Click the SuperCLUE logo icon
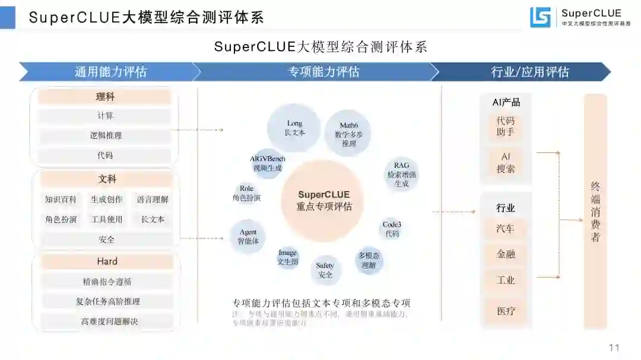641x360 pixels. click(540, 17)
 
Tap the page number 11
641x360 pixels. click(614, 348)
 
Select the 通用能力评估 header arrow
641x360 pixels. click(110, 72)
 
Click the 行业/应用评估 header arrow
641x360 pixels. click(522, 72)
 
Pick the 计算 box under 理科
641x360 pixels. click(105, 116)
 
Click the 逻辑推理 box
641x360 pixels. click(105, 135)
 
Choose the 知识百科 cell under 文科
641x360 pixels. click(61, 200)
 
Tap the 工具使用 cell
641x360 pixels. click(106, 219)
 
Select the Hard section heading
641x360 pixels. click(107, 262)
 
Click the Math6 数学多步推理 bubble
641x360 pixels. click(349, 134)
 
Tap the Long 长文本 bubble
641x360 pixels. click(294, 128)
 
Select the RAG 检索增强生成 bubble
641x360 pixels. click(401, 174)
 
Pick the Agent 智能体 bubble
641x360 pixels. click(248, 237)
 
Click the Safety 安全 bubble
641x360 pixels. click(325, 270)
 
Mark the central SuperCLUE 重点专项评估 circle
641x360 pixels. click(323, 200)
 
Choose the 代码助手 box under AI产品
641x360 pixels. click(506, 126)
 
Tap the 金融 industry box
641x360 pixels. click(506, 254)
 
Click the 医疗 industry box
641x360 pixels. click(506, 310)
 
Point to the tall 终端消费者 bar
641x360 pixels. click(595, 212)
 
